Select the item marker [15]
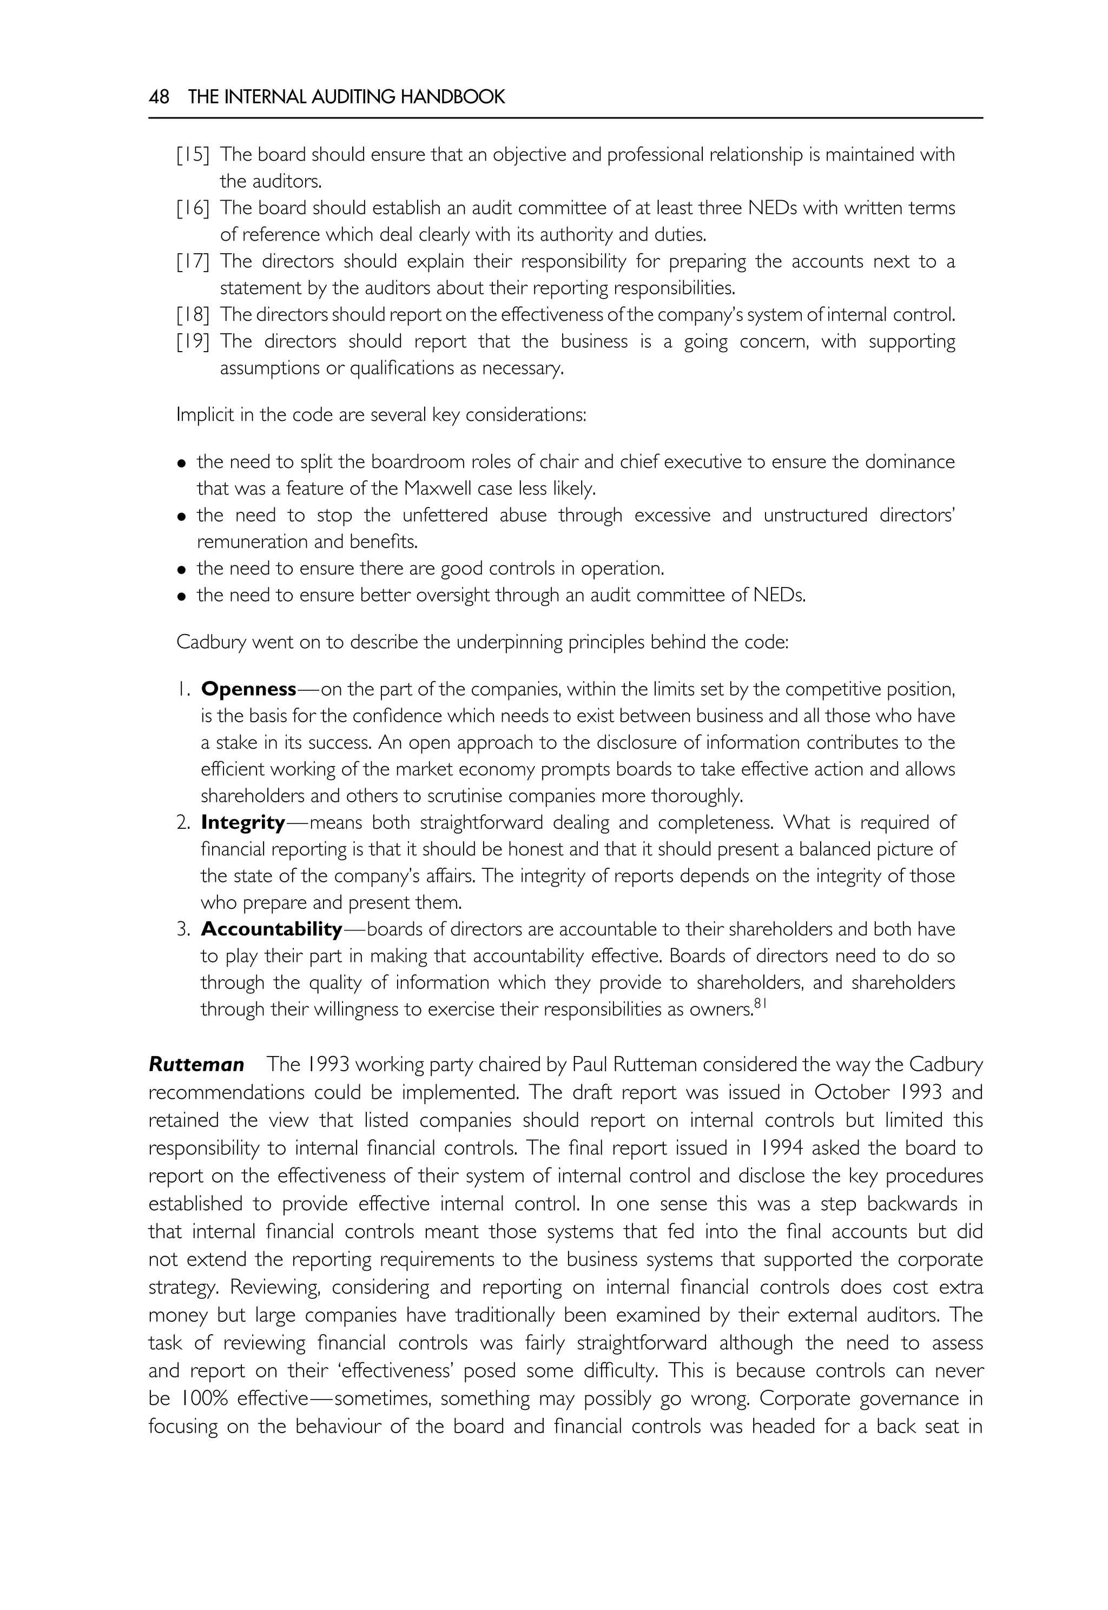tap(193, 155)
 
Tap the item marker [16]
tap(193, 208)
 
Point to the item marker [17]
tap(193, 262)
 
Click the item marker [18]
tap(193, 315)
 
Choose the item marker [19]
tap(193, 341)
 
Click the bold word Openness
tap(248, 689)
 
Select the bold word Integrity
tap(243, 823)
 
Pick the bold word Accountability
tap(272, 929)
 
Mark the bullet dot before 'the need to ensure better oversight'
tap(182, 596)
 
